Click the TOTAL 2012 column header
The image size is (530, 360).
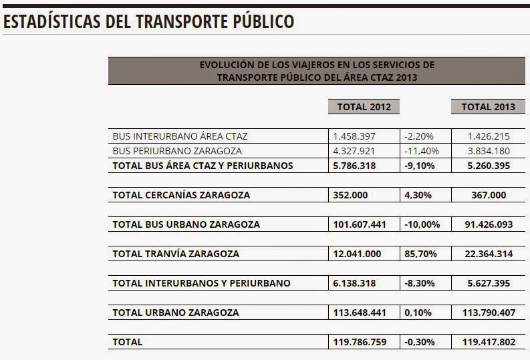(364, 107)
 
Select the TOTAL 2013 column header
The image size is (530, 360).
(488, 107)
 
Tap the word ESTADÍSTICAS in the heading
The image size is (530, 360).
(51, 21)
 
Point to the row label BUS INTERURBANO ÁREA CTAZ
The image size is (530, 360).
(180, 136)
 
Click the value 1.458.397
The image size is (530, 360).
(354, 136)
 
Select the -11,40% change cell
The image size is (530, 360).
(422, 151)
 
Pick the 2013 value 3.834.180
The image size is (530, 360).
(489, 151)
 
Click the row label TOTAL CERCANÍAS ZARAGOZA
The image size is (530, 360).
(181, 195)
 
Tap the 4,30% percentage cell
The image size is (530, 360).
(418, 195)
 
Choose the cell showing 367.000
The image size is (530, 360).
(489, 195)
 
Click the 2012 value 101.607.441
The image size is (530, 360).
(360, 224)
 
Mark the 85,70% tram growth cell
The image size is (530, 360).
(420, 254)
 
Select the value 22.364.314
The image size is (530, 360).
(489, 254)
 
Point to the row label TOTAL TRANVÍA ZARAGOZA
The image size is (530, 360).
(176, 254)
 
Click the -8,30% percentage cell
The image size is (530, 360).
(420, 283)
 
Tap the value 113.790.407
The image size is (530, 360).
(489, 313)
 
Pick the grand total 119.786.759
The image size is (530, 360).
(360, 342)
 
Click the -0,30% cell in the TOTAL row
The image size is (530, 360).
(420, 342)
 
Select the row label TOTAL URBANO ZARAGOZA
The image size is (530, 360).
(176, 313)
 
